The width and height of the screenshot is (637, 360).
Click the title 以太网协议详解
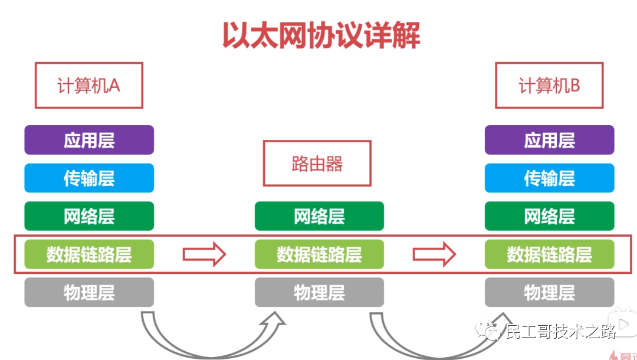(321, 35)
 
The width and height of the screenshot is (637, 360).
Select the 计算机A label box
(88, 86)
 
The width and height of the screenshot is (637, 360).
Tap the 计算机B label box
(549, 86)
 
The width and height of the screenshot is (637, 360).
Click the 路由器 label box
(317, 163)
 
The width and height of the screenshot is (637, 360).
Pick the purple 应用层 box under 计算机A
(89, 140)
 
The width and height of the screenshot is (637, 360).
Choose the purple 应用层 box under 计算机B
(549, 140)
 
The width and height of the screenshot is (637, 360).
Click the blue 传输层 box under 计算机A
(89, 178)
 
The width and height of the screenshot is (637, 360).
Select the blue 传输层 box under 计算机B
(549, 178)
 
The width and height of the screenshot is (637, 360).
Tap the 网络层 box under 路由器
(319, 216)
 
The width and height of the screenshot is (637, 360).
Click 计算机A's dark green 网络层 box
(89, 216)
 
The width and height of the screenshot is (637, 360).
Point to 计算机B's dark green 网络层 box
(549, 216)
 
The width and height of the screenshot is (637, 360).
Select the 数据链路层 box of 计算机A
(89, 254)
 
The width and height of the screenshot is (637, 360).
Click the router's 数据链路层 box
(319, 254)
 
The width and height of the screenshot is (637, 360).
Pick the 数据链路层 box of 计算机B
(549, 254)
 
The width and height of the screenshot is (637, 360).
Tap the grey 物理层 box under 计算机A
(89, 292)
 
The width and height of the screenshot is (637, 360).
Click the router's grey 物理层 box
(319, 292)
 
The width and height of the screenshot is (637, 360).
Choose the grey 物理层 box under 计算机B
(549, 292)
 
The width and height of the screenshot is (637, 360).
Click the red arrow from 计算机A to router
(204, 254)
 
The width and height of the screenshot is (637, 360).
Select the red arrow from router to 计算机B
(434, 254)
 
